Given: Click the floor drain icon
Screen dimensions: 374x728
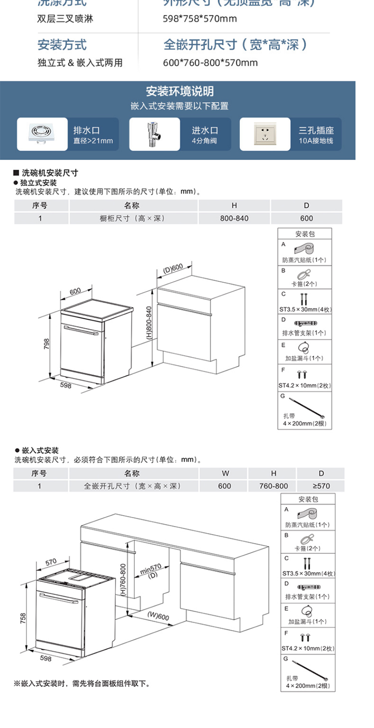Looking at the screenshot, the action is point(42,134).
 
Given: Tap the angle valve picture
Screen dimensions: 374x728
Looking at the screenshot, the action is point(154,134).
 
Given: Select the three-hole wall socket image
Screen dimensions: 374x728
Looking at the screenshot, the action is point(264,134).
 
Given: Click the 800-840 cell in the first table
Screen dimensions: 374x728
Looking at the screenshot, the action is point(234,218).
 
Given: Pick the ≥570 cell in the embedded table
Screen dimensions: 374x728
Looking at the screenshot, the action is point(321,486).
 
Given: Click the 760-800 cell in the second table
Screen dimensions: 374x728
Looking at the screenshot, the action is point(273,486).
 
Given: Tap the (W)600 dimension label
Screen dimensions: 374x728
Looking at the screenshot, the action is point(158,616).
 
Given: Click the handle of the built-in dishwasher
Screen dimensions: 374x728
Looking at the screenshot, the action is point(58,596).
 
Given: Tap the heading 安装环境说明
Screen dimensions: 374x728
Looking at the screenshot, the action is point(180,91).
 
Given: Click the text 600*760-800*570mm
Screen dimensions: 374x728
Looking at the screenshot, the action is point(210,63).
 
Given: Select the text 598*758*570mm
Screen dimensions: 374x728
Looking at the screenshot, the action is point(193,19).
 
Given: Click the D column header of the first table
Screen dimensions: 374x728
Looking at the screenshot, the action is point(306,205).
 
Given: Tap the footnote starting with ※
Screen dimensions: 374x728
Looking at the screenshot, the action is point(82,684).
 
